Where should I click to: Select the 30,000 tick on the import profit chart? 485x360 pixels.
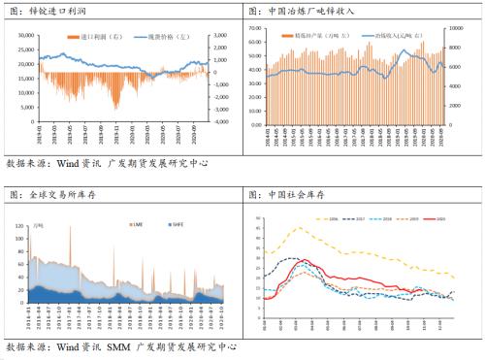tap(25, 35)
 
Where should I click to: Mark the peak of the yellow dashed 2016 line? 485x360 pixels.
tap(299, 228)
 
